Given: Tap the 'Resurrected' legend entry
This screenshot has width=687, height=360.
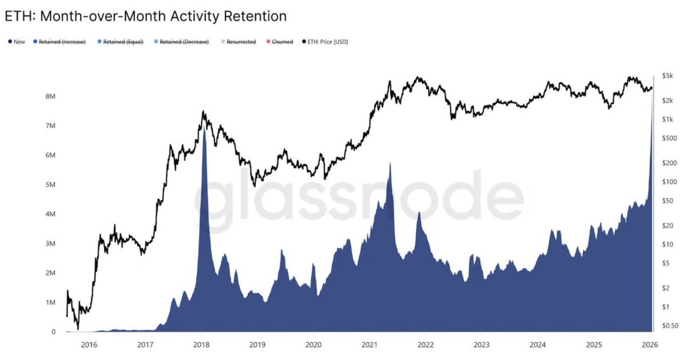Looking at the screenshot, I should [241, 42].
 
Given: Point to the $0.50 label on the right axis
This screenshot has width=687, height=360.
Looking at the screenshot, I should [670, 326].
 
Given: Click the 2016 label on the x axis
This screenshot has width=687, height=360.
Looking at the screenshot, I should [88, 345].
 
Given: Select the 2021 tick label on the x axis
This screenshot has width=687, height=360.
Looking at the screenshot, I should [369, 345].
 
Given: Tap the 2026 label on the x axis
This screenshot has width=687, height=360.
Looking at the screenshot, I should [650, 345].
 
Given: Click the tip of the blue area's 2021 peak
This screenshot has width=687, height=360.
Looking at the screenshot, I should [390, 163].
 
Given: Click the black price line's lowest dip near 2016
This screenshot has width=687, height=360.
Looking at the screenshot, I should [78, 329].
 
